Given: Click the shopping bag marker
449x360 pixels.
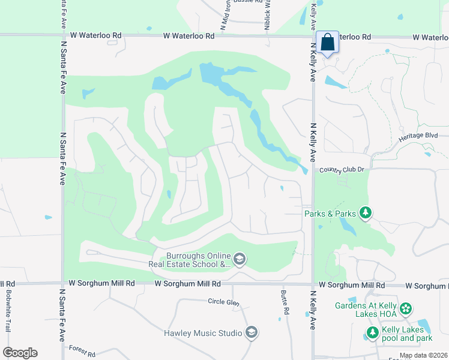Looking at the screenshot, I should point(327,43).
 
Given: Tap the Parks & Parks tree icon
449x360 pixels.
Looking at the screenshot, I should point(365,213).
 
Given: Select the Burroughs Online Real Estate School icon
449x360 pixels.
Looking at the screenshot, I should point(239,259).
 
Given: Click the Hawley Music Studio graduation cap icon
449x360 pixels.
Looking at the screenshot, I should point(252,332).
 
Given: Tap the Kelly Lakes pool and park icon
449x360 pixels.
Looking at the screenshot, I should point(372,332).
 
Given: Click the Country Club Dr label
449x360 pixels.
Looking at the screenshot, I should point(342,170).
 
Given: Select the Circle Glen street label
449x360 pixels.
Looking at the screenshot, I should point(224,302).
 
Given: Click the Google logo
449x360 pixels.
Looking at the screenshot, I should point(20,353).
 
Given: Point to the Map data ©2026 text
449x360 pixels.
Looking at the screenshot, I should point(424,356).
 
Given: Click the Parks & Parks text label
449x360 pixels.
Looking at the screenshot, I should point(330,213).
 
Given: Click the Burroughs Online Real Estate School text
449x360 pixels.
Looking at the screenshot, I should point(190,259).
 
